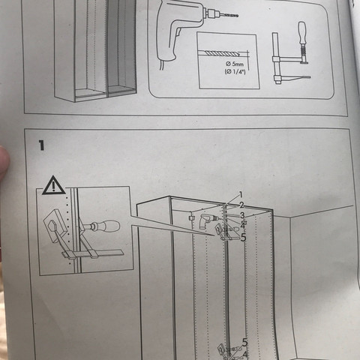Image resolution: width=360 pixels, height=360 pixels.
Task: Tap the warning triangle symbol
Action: [x=53, y=184]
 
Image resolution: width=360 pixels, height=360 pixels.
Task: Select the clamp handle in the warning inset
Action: [x=107, y=224]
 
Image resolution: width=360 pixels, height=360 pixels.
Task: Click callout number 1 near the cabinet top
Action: [x=241, y=194]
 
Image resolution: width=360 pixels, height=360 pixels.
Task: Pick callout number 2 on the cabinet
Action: [x=242, y=205]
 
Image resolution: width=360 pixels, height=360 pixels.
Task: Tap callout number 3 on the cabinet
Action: [x=243, y=215]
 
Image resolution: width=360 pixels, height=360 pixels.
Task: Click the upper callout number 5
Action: [x=243, y=237]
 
